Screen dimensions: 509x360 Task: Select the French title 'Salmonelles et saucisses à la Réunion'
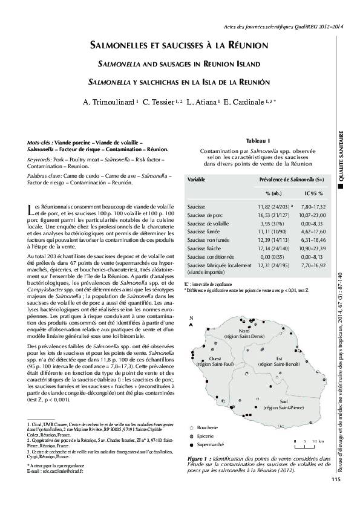(179, 45)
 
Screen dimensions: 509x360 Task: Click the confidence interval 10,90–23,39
(313, 248)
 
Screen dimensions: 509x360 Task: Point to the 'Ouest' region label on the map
(215, 358)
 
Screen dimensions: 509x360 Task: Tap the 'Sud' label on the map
(267, 401)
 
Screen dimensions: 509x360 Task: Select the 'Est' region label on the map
(279, 358)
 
